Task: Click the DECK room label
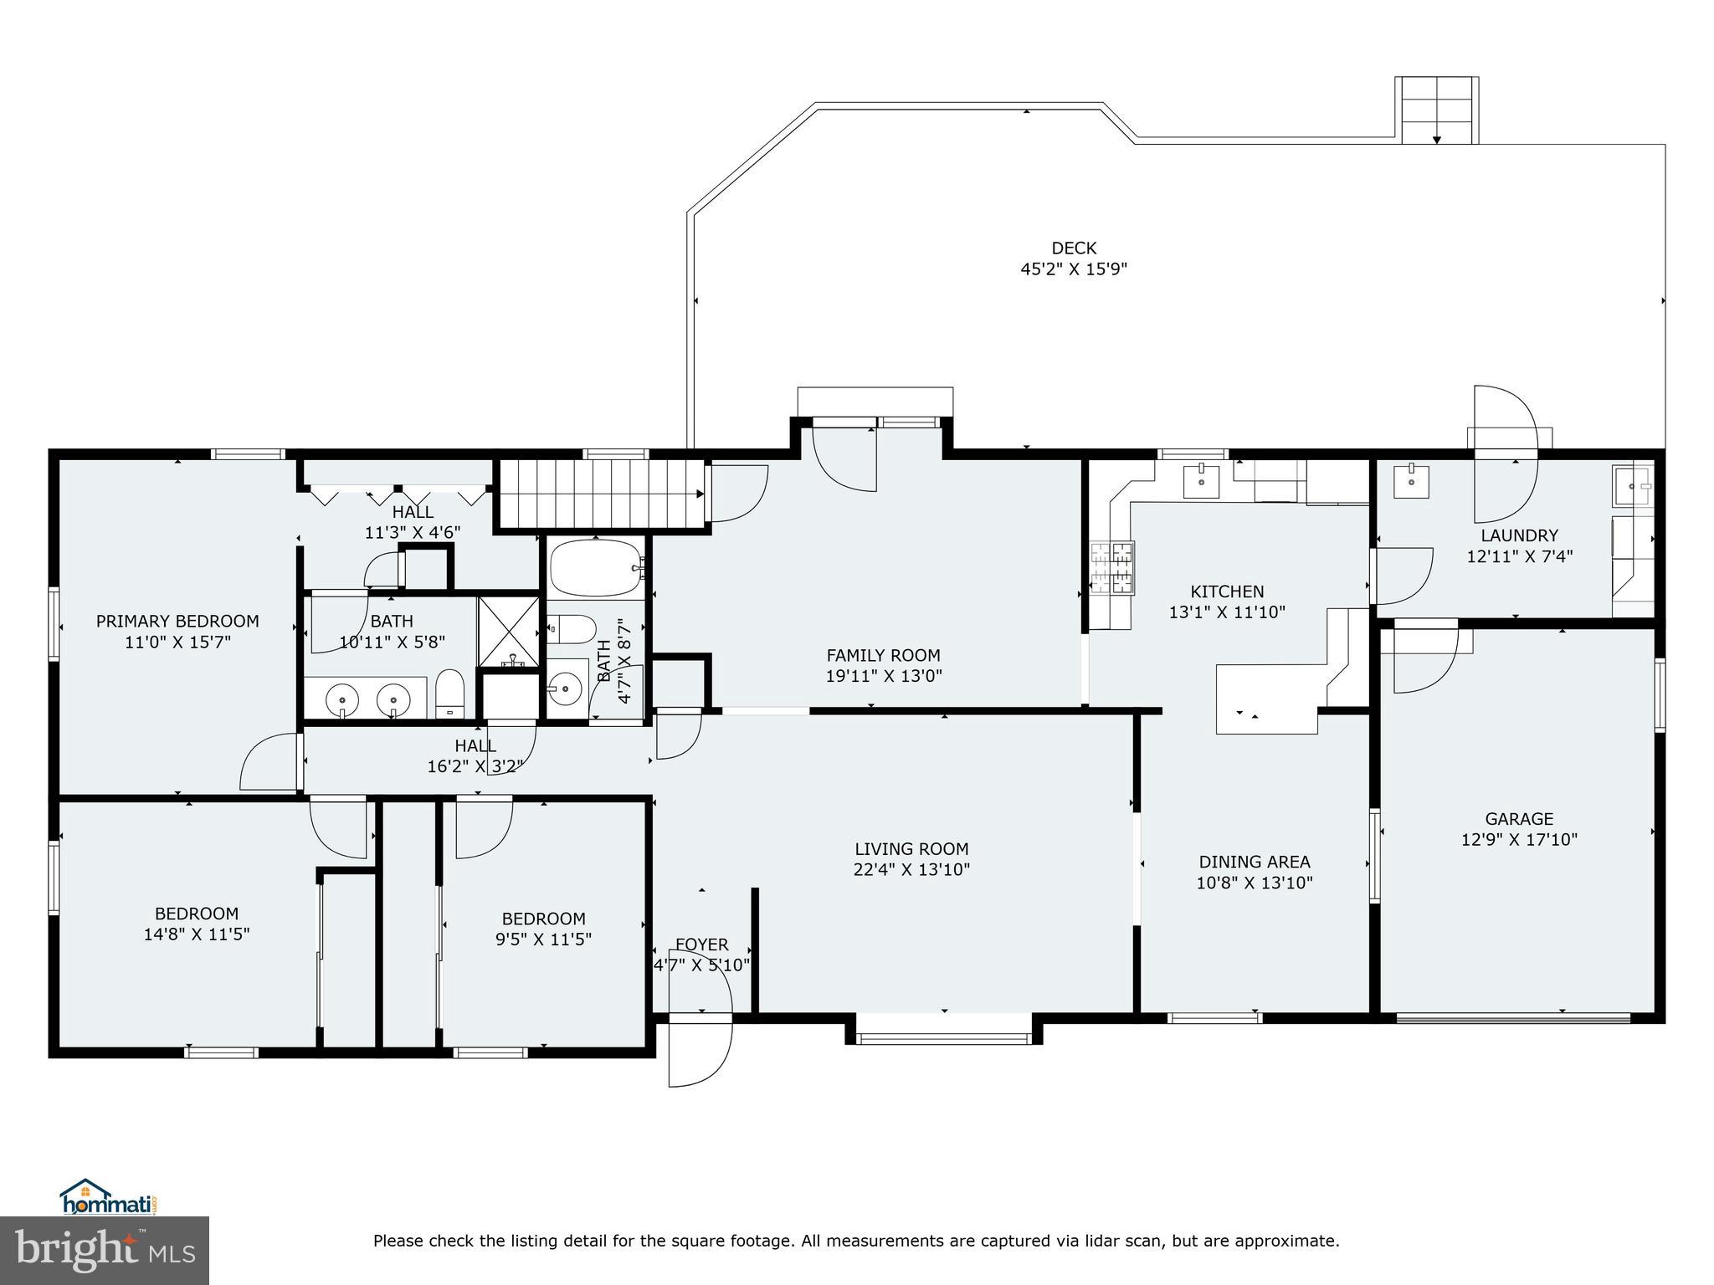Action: click(x=1074, y=248)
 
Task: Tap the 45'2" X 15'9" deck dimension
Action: click(x=1074, y=269)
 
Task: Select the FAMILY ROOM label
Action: click(x=883, y=655)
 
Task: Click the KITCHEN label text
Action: click(x=1227, y=591)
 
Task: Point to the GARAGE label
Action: click(x=1519, y=819)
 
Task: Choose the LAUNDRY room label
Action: click(x=1519, y=535)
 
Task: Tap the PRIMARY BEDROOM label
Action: click(x=177, y=621)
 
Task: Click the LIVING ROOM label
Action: click(x=911, y=848)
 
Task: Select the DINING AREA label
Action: click(x=1254, y=862)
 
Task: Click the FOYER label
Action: click(x=701, y=945)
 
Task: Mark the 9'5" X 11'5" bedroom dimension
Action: click(x=543, y=939)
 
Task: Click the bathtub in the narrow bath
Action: click(x=594, y=568)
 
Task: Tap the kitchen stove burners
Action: click(x=1111, y=568)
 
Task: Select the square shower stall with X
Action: click(x=509, y=632)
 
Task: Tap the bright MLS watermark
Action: click(x=104, y=1250)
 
